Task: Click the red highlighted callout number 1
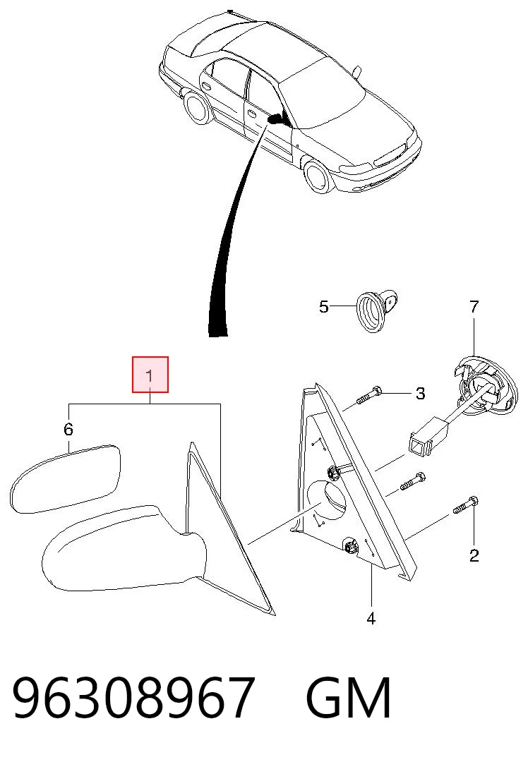tap(150, 376)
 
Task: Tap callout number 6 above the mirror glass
tap(68, 430)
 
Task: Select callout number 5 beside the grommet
tap(324, 307)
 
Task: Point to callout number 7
tap(474, 307)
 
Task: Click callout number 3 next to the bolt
tap(421, 393)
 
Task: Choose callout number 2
tap(474, 555)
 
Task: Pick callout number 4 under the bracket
tap(371, 619)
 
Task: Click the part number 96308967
tap(133, 698)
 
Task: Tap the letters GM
tap(349, 698)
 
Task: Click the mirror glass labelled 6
tap(66, 478)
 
